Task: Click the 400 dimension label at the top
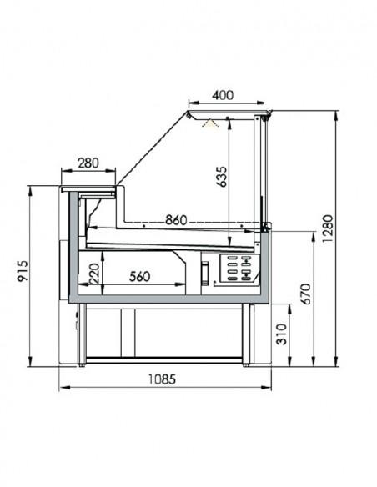coord(221,95)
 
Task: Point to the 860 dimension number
coord(175,219)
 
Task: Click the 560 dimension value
coord(141,277)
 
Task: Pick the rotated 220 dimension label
coord(95,273)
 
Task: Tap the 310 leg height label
coord(284,336)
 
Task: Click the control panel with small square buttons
coord(238,269)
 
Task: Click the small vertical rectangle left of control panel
coord(204,272)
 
